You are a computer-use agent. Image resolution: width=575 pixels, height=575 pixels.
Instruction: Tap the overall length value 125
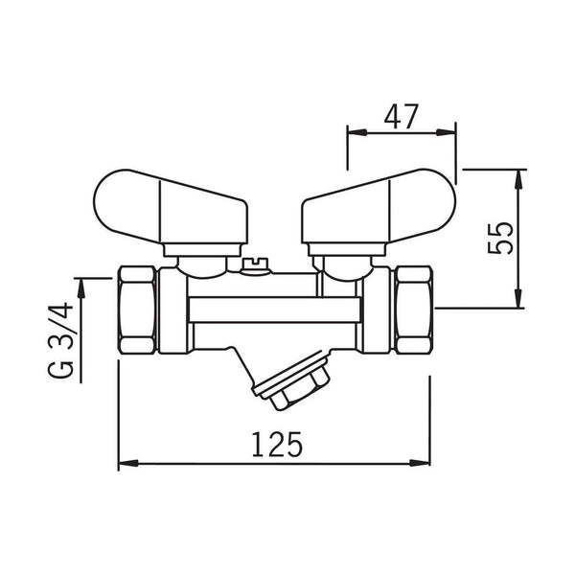click(275, 444)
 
